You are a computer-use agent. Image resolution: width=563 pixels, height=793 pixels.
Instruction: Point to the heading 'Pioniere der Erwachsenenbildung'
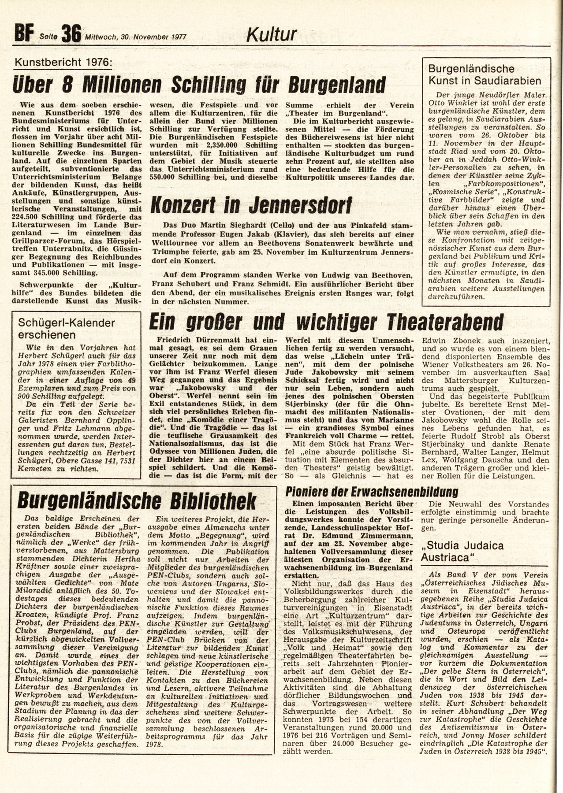(372, 491)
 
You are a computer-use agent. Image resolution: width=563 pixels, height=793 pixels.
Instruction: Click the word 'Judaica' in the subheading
(482, 545)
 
